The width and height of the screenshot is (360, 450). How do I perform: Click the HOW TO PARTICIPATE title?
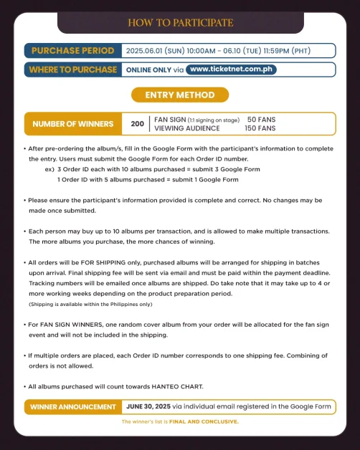180,23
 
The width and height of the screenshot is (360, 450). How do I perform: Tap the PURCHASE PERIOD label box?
72,51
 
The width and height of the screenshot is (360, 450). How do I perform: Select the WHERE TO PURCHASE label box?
72,70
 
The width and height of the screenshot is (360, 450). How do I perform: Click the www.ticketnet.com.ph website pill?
231,70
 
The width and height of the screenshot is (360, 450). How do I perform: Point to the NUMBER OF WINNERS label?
72,123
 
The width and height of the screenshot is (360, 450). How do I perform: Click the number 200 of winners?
137,123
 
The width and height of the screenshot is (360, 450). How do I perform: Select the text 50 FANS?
260,119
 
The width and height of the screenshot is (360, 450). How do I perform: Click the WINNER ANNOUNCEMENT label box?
72,407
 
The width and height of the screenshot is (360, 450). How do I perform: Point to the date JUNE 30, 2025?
149,407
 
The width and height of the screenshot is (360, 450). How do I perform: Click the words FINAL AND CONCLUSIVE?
209,421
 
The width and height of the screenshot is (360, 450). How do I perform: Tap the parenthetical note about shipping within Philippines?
90,305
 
